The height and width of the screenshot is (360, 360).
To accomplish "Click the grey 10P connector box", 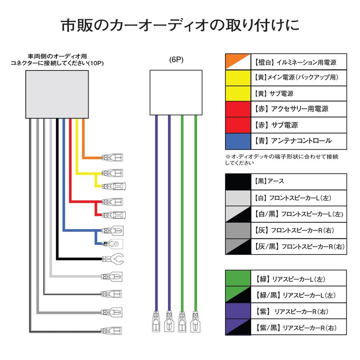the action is pos(57,94).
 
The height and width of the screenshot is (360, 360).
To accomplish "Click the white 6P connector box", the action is pos(176,93).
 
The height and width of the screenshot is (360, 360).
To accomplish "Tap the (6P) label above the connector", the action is pos(176,60).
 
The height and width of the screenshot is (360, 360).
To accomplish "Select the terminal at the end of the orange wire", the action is pos(112,157).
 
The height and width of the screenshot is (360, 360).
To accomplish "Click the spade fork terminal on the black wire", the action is pos(113,259).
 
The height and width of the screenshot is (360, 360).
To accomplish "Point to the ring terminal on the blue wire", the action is pos(113,244).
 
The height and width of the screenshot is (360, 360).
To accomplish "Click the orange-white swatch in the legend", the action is pos(238,62).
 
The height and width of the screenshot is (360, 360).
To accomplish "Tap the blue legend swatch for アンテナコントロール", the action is pos(238,141).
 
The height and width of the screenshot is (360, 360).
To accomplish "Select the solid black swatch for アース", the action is pos(238,182).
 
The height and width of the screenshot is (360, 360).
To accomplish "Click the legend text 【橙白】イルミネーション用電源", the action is pos(295,62).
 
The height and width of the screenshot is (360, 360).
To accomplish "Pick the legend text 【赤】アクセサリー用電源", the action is pos(291,109).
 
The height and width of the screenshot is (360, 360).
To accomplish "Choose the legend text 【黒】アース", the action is pos(269,181).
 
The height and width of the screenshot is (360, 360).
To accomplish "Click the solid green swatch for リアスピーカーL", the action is pos(238,278).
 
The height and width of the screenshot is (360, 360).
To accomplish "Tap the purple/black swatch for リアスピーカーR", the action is pos(238,327).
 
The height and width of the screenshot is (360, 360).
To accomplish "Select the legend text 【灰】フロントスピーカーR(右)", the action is pos(294,230).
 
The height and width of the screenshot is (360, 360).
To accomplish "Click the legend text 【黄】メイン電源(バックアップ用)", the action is pos(296,77).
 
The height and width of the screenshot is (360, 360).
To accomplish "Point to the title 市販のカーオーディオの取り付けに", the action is pos(180,25).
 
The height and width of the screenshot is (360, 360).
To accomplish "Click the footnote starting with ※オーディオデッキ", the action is pos(282,160).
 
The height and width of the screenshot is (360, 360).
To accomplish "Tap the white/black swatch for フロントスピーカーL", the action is pos(238,214).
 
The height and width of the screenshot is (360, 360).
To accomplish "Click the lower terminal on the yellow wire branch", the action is pos(113,186).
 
